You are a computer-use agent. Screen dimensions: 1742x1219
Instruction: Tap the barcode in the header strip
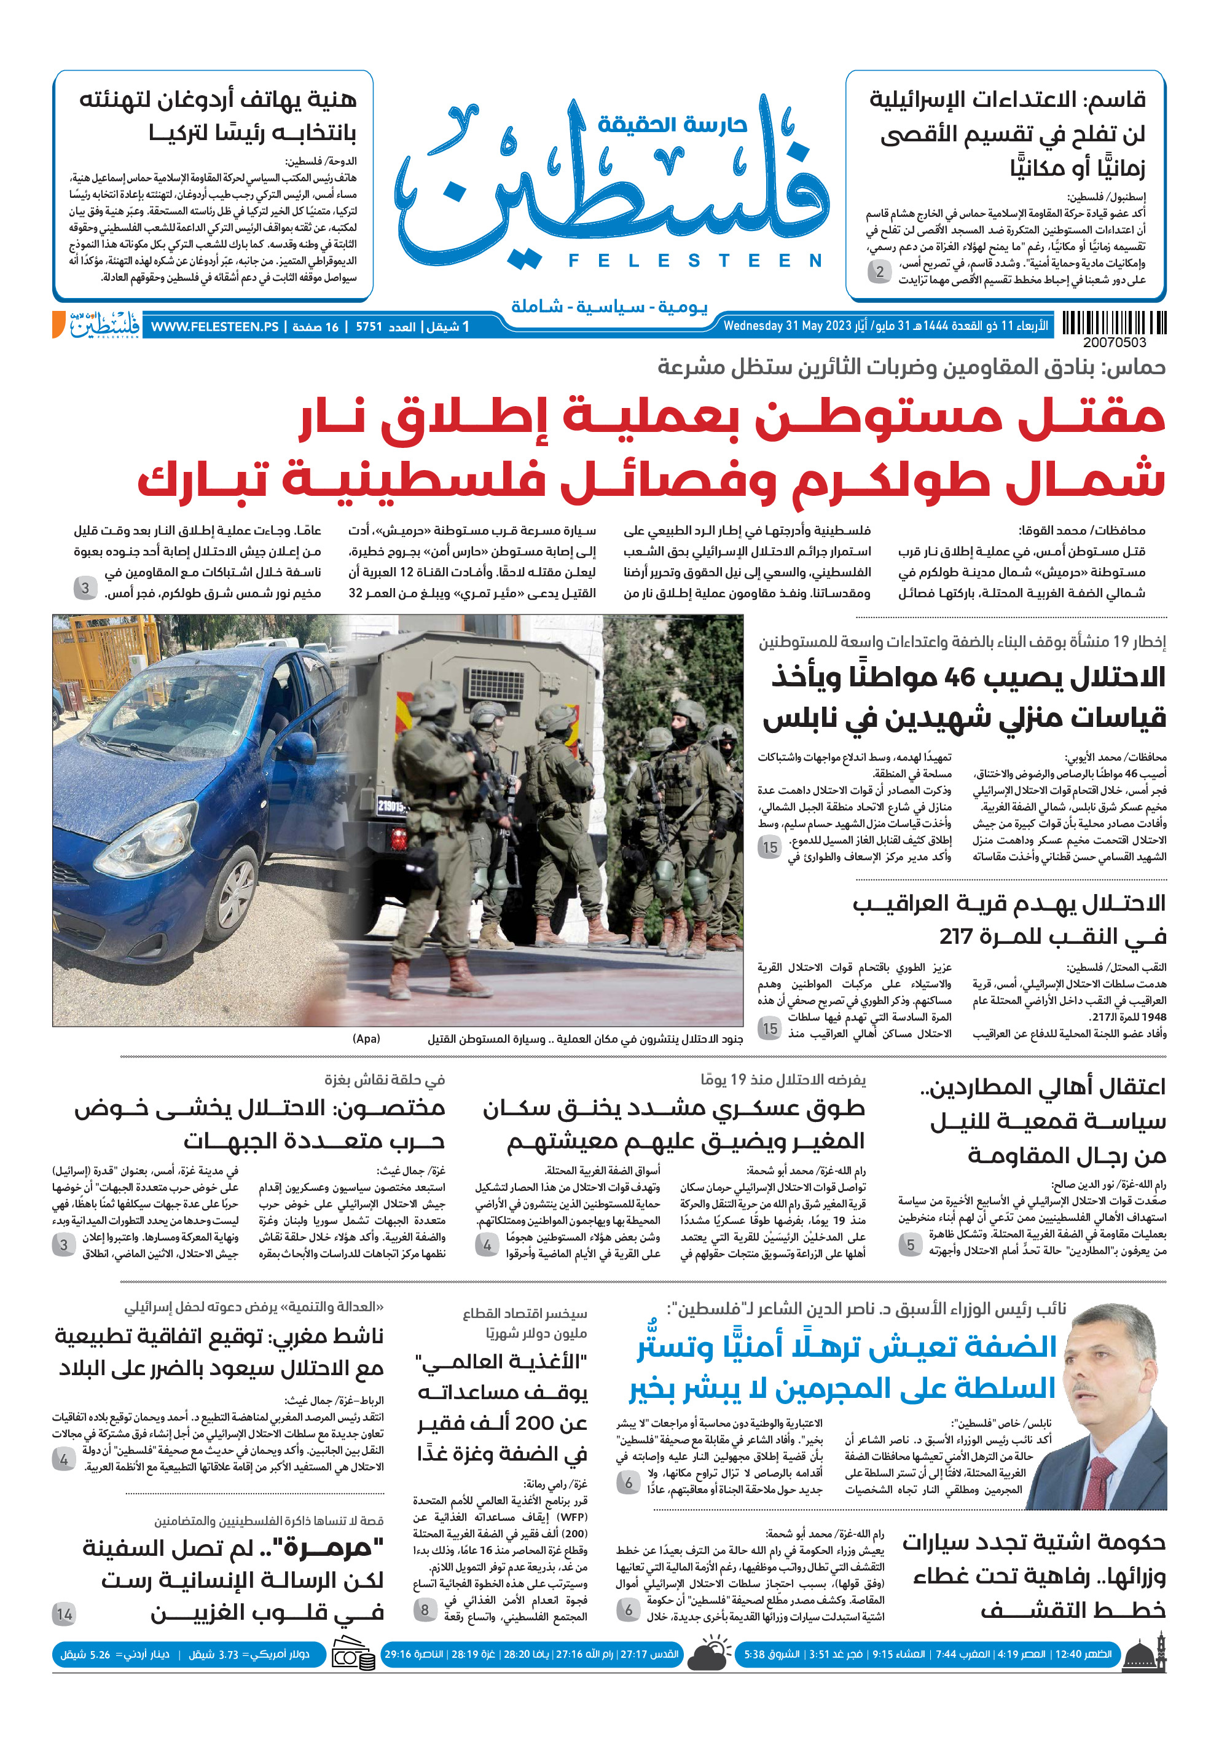(x=1113, y=323)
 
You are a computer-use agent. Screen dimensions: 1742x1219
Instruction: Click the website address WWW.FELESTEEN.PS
(x=214, y=327)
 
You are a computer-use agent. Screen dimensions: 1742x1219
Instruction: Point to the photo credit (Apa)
(x=366, y=1038)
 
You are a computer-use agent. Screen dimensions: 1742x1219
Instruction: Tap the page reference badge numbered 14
(x=65, y=1614)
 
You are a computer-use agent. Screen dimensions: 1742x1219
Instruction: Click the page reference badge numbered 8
(x=425, y=1609)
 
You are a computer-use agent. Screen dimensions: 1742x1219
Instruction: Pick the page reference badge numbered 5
(x=911, y=1244)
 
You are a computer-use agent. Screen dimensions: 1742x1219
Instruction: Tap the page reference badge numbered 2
(x=880, y=271)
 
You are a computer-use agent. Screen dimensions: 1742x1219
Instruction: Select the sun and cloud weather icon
(x=708, y=1655)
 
